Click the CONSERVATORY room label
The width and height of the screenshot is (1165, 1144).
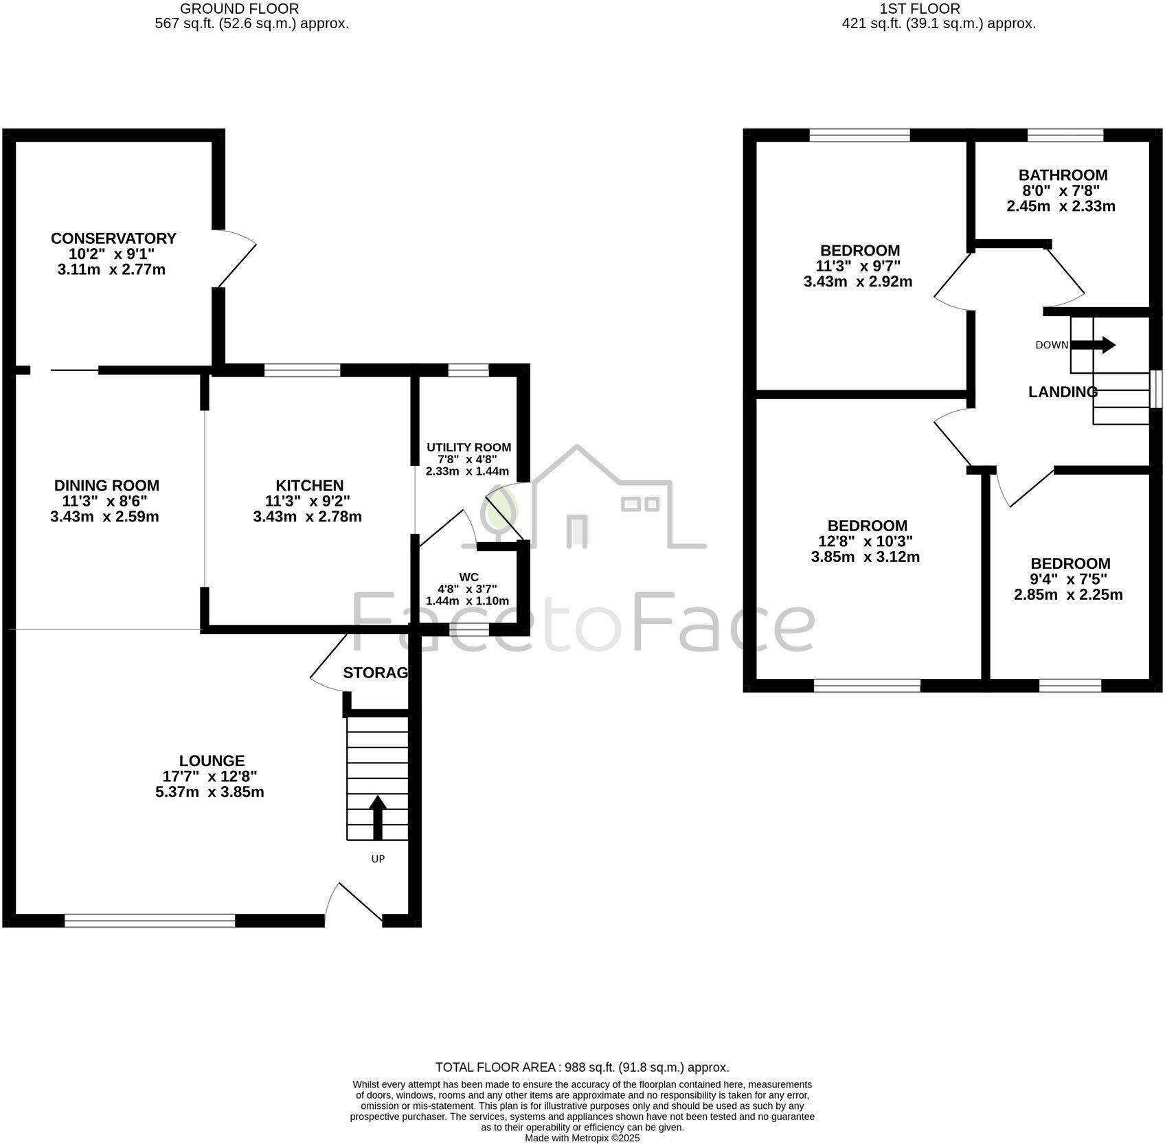coord(113,238)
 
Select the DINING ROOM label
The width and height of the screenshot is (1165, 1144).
coord(106,486)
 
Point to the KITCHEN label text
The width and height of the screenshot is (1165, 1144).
coord(309,486)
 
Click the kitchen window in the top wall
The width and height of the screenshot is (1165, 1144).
coord(302,371)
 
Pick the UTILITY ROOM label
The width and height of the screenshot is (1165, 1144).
coord(468,447)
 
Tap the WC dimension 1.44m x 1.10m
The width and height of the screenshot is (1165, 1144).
coord(467,601)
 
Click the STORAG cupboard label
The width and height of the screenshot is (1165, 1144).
coord(375,673)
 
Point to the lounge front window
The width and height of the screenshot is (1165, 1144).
coord(150,921)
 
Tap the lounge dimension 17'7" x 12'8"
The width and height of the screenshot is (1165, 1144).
coord(210,776)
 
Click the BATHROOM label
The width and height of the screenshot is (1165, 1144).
coord(1063,175)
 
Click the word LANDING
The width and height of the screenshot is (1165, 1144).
coord(1062,392)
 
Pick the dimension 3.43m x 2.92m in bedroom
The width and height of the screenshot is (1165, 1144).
coord(857,282)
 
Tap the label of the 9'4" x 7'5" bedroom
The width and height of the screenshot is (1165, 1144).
coord(1070,563)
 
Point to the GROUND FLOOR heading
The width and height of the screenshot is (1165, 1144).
coord(238,9)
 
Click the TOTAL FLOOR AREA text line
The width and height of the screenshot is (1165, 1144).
coord(582,1068)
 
